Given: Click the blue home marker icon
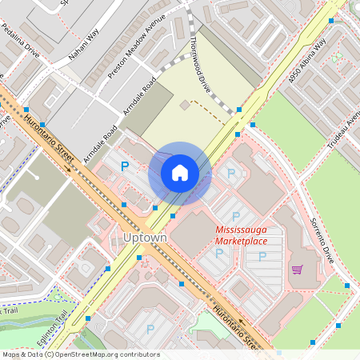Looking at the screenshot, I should [x=180, y=173].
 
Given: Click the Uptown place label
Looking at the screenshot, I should [x=146, y=238].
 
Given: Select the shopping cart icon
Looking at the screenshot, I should [x=298, y=269].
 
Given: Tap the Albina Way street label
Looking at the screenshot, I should [x=309, y=57].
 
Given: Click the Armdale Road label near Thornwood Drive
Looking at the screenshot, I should [x=140, y=94].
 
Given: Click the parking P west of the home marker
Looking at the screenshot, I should [x=124, y=166].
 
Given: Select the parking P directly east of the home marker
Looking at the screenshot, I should [x=232, y=173].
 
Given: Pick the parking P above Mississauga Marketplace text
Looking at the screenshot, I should [x=236, y=216].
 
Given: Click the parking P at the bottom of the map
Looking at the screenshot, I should [x=150, y=328].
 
